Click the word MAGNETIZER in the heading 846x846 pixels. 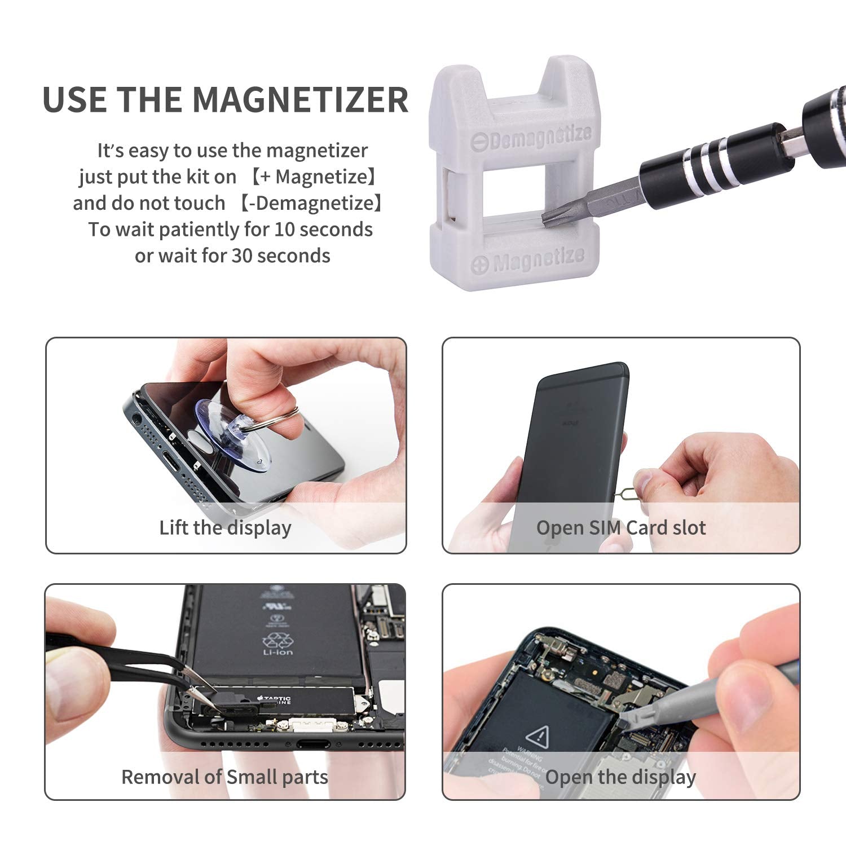click(x=300, y=100)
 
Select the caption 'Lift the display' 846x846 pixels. click(x=225, y=528)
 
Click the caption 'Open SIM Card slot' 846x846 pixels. click(x=620, y=528)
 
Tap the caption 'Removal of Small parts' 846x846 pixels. click(x=224, y=777)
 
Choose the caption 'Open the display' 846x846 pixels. click(x=620, y=777)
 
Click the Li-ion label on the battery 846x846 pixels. click(x=277, y=652)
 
